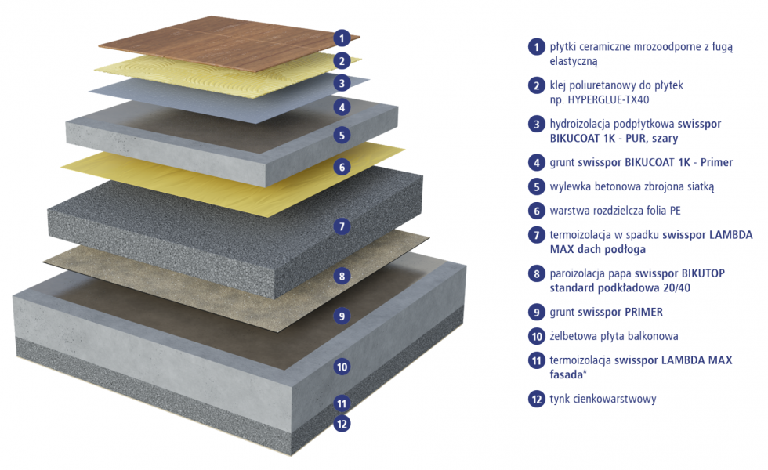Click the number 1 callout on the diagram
[342, 38]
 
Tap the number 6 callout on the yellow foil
[342, 167]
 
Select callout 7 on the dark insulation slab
[342, 226]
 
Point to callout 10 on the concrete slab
[342, 367]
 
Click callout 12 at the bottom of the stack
[342, 424]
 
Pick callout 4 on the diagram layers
[342, 107]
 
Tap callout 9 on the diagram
[342, 316]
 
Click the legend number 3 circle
[536, 124]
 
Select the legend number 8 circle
[536, 273]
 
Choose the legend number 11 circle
[536, 360]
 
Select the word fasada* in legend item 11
[568, 374]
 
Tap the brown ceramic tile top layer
[229, 42]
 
